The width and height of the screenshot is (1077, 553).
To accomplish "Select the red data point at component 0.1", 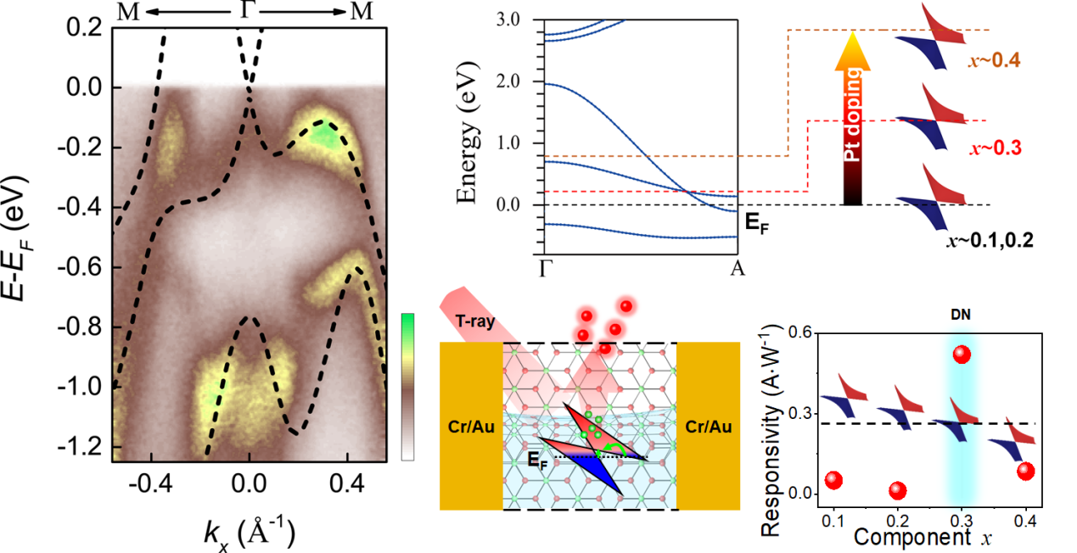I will (833, 481).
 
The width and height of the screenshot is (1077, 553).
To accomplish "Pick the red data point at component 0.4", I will (1025, 472).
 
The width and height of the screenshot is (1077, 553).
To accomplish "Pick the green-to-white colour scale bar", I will (408, 386).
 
